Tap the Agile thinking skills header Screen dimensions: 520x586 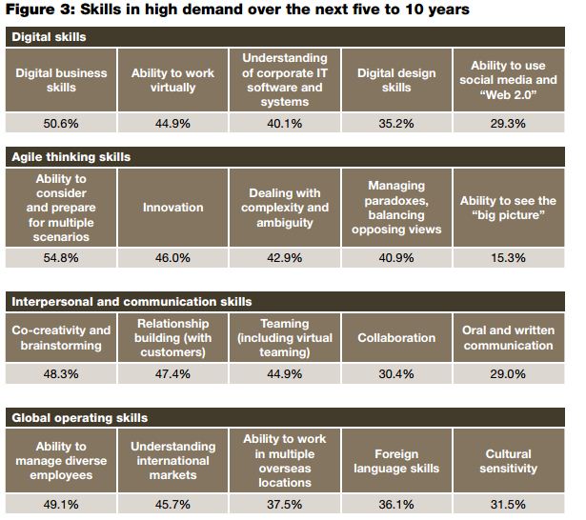coord(71,155)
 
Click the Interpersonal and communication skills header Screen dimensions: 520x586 coord(131,301)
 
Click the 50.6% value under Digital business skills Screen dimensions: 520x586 coord(62,122)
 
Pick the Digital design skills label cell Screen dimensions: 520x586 coord(396,80)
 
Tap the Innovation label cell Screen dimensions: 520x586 coord(172,207)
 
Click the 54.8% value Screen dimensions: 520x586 coord(62,258)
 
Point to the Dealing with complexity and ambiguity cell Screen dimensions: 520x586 coord(284,207)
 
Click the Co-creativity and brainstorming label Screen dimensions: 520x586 coord(62,338)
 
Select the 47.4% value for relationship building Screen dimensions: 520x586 coord(172,374)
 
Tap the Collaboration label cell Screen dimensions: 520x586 coord(396,338)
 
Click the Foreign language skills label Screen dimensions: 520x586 coord(396,461)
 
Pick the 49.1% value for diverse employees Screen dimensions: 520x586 coord(62,504)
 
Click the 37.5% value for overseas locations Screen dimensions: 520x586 coord(284,504)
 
